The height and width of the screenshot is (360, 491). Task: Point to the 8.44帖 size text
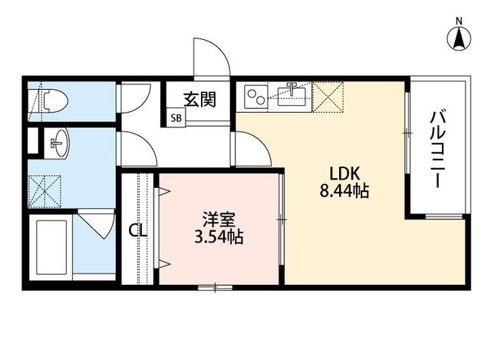[344, 192]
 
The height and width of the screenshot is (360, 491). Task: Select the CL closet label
[137, 230]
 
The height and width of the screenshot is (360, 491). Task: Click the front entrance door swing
[209, 58]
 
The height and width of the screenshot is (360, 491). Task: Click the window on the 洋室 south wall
[216, 288]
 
